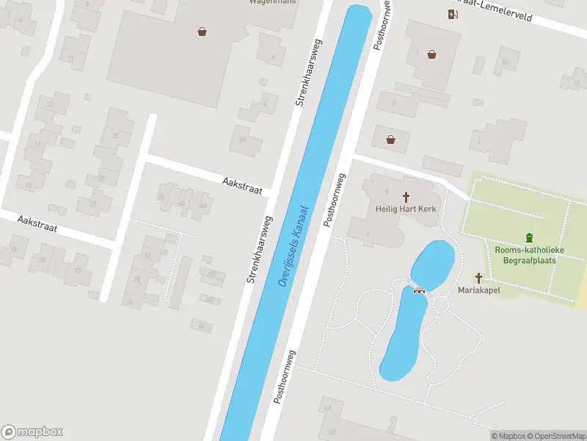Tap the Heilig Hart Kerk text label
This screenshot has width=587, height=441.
coord(406,209)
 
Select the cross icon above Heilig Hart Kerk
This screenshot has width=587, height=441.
coord(406,196)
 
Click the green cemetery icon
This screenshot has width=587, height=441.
coord(529,237)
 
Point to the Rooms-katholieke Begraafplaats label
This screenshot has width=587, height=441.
coord(528,255)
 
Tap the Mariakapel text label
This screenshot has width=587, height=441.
coord(479,290)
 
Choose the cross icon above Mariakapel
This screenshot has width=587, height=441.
coord(479,278)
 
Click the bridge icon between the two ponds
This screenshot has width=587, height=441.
coord(420,288)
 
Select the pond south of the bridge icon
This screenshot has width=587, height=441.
coord(403,334)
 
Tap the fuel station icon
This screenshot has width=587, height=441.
coord(452,15)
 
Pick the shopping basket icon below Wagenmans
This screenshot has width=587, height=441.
coord(202,31)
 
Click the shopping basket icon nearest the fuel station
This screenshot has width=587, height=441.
coord(432,54)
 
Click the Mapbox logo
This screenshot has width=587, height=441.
coord(32,432)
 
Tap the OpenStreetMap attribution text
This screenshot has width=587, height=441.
coord(555,436)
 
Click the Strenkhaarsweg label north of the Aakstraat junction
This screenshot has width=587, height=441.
coord(309,73)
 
